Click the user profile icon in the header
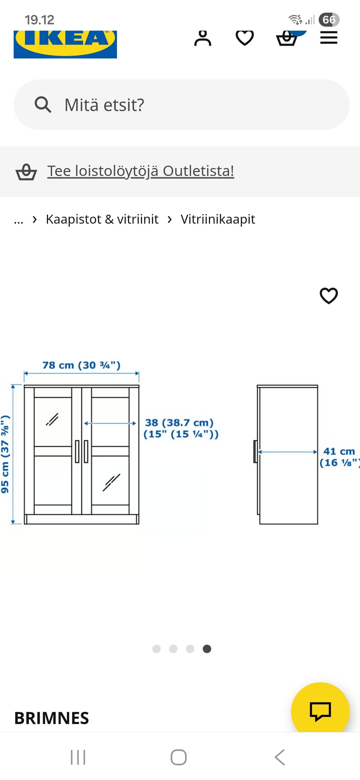point(202,38)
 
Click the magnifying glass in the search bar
point(43,105)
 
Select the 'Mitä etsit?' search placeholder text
point(104,105)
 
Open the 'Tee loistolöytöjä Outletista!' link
point(141,171)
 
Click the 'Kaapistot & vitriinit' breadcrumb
point(102,219)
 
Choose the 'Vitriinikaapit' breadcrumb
point(217,219)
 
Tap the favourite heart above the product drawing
point(328,295)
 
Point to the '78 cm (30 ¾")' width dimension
point(81,365)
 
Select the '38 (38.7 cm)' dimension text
point(179,423)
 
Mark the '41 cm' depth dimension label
point(339,451)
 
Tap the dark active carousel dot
point(207,649)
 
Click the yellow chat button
point(320,711)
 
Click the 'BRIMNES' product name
point(52,718)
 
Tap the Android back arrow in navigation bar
point(280,757)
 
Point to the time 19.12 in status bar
point(39,20)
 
